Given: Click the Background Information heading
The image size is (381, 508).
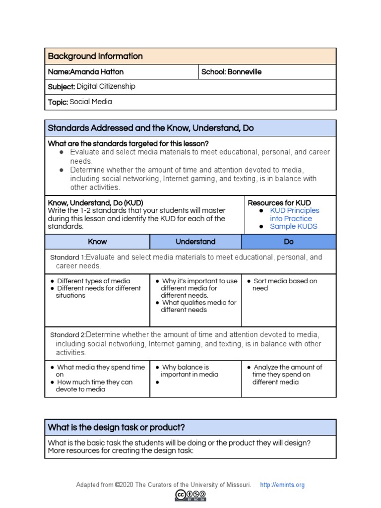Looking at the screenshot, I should [x=95, y=56].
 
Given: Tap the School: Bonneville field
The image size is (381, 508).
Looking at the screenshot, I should [x=231, y=72].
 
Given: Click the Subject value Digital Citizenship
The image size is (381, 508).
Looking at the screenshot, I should [x=106, y=86].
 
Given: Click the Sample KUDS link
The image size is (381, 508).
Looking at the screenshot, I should [x=293, y=226].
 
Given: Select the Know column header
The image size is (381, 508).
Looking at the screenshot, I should [x=97, y=242].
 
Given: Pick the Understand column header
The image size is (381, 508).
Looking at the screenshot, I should [x=195, y=242].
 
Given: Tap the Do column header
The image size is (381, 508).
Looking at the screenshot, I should [x=289, y=242].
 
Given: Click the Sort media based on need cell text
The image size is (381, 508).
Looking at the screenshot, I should [x=285, y=284].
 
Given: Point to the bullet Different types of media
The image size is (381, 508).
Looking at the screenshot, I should [x=93, y=281].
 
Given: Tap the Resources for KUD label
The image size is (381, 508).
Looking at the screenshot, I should [x=279, y=202].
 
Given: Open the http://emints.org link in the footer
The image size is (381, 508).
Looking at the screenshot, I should [x=282, y=485].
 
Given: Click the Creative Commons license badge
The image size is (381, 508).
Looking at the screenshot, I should [x=190, y=495].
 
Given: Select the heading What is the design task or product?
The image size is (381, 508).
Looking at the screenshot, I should [x=116, y=427].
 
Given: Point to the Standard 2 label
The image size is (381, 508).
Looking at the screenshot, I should [x=67, y=335].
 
